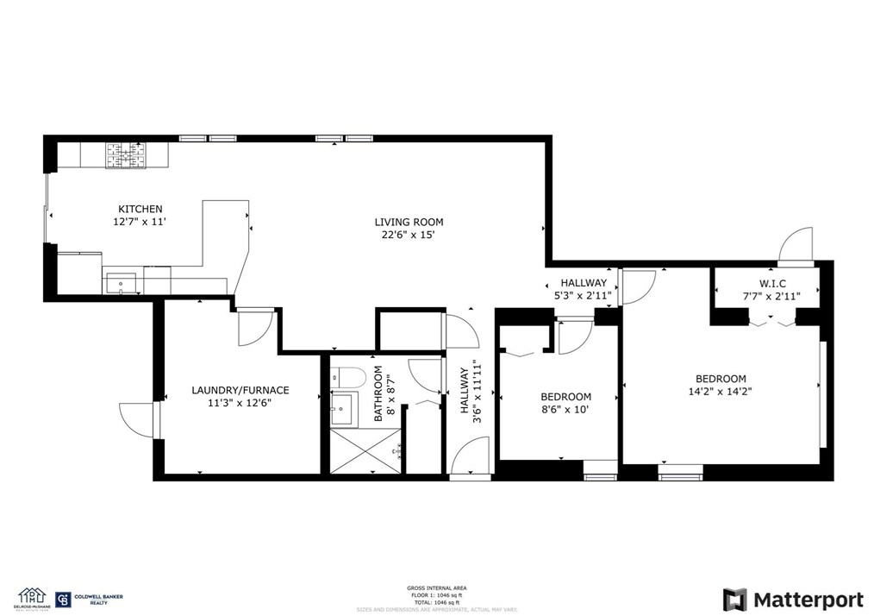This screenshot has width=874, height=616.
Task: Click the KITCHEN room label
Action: point(140,209)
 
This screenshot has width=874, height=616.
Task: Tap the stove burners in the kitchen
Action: point(126,154)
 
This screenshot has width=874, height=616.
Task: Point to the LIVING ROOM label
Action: point(409,222)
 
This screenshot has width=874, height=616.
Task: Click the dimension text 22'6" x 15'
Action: point(409,235)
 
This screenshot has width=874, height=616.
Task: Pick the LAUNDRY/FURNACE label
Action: point(240,390)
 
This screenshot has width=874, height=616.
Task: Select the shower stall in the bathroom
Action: point(362,450)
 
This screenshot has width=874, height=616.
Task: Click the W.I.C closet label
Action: point(771,283)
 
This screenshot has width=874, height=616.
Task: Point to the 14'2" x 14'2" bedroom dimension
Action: point(721,392)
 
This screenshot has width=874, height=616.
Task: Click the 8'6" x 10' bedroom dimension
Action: point(565,410)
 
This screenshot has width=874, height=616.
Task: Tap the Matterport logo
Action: point(793,600)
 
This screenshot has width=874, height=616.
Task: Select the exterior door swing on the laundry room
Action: point(138,419)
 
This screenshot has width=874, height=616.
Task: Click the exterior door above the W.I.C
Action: point(796,245)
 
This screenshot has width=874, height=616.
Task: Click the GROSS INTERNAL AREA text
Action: point(436,588)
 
